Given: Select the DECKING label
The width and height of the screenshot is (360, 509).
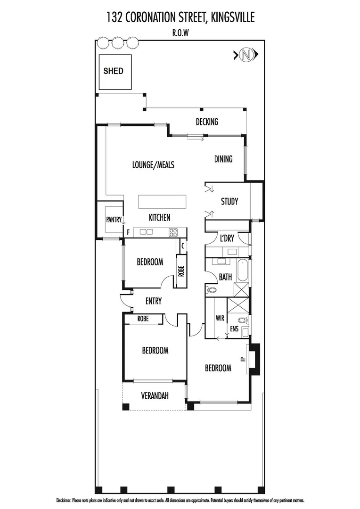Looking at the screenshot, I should click(207, 122).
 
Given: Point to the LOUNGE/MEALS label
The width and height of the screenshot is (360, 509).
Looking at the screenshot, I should click(153, 164).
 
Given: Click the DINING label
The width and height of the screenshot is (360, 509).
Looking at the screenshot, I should click(223, 159).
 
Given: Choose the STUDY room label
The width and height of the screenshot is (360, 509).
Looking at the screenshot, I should click(229, 202).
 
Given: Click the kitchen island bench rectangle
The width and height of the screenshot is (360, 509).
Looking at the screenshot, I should click(162, 202).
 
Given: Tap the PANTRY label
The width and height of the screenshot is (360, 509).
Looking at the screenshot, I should click(114, 220).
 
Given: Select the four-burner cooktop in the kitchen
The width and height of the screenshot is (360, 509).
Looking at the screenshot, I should click(173, 232).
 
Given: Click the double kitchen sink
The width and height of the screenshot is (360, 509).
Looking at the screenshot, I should click(146, 232).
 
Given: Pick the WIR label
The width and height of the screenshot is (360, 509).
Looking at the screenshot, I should click(219, 318).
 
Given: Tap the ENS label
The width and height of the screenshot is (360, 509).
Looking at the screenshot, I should click(234, 329).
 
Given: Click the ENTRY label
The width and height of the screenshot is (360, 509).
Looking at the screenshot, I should click(154, 301).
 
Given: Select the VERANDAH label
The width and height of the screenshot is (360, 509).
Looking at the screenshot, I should click(155, 396).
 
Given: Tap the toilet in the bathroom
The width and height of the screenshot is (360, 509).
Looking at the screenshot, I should click(211, 290).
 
